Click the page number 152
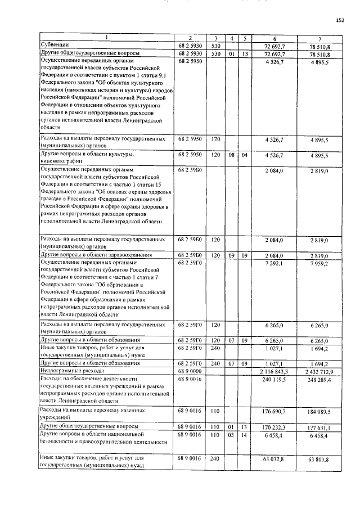(x=340, y=20)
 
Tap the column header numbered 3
(x=216, y=38)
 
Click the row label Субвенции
(x=53, y=44)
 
